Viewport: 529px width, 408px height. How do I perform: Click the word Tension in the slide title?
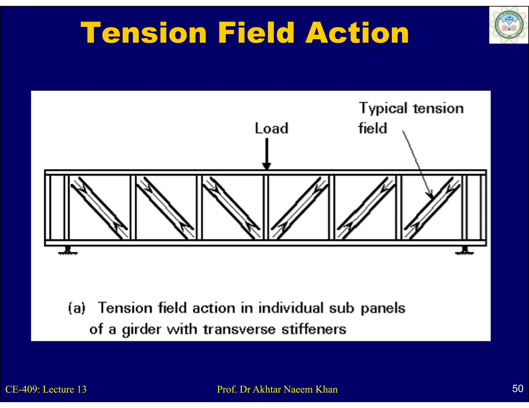(144, 33)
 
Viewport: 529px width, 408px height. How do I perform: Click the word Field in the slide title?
(256, 33)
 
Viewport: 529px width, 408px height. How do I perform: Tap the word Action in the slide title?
(357, 33)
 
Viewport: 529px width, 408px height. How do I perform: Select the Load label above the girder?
(271, 128)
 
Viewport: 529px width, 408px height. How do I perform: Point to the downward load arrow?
(266, 153)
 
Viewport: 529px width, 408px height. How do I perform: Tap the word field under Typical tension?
(372, 128)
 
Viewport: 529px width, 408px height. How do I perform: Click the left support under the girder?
(68, 250)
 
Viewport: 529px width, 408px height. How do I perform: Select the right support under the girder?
(464, 250)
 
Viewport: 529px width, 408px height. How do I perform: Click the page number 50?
(518, 388)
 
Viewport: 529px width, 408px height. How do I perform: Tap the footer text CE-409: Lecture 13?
(46, 389)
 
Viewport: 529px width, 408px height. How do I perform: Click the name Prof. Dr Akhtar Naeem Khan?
(277, 389)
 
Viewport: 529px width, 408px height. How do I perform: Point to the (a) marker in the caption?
(77, 308)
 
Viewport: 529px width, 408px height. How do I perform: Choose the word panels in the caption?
(383, 308)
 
